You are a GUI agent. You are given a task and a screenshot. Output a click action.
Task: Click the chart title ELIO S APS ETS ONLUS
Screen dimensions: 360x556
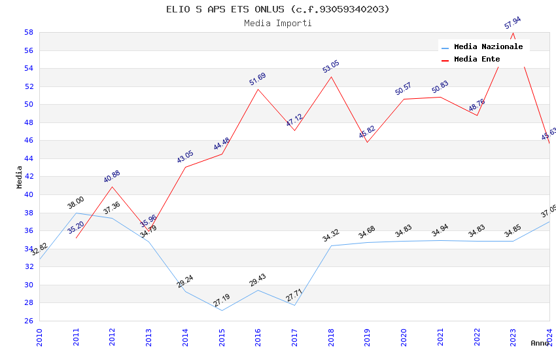(x=278, y=9)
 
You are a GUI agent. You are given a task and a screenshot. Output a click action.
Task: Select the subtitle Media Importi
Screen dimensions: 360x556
(x=278, y=24)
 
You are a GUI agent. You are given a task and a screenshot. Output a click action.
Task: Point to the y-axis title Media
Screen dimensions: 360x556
(x=20, y=177)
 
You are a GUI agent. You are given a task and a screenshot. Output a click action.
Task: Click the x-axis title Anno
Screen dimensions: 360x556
(x=540, y=343)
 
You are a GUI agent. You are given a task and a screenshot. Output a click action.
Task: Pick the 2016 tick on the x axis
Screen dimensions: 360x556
(x=258, y=334)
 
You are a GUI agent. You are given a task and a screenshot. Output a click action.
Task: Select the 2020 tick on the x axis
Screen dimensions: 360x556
(x=404, y=334)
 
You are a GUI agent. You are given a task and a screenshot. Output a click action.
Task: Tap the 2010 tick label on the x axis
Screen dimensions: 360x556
(x=39, y=334)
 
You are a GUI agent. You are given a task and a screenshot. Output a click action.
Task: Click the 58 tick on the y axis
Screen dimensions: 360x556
(x=29, y=32)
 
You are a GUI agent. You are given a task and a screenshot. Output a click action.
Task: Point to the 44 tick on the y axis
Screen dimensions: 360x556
(x=29, y=158)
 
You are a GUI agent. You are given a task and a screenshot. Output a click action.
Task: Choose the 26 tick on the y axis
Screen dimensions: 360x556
(x=29, y=321)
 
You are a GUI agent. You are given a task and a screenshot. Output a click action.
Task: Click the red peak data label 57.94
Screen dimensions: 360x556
(x=512, y=24)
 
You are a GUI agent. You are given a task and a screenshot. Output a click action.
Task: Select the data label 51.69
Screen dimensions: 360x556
(x=258, y=80)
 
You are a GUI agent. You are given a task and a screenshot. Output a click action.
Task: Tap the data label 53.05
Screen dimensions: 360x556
(x=331, y=67)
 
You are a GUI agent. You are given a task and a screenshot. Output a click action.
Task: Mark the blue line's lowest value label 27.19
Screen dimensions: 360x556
(x=222, y=301)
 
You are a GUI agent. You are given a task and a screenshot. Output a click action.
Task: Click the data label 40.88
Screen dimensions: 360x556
(x=112, y=177)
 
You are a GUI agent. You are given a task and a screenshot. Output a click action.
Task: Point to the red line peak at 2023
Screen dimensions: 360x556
(x=513, y=33)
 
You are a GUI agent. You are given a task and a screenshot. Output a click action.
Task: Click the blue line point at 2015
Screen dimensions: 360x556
(x=222, y=310)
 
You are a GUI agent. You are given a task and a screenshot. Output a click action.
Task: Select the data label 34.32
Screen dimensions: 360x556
(x=331, y=236)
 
